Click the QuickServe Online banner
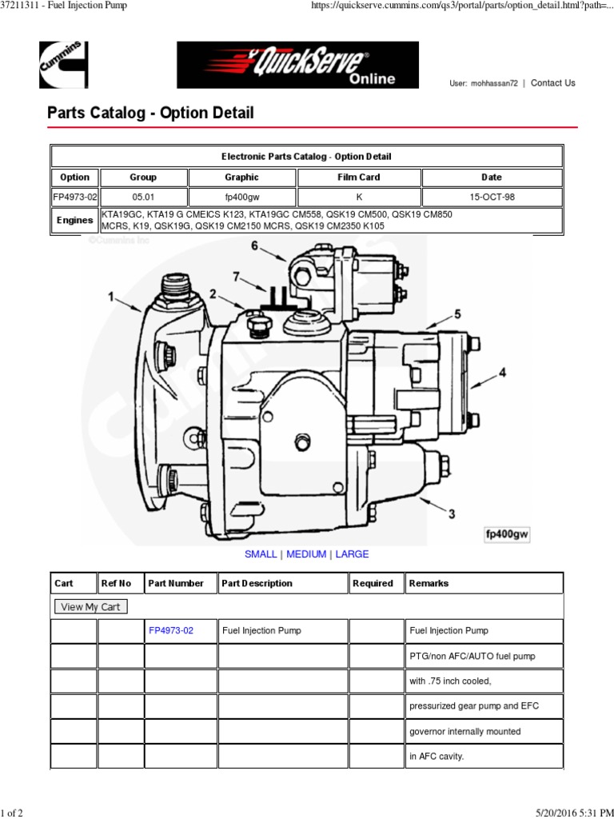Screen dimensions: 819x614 [297, 65]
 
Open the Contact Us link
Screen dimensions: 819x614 [552, 82]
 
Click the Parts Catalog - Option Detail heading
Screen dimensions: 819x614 [150, 113]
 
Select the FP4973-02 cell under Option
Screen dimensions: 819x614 [75, 198]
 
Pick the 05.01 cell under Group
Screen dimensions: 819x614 [143, 198]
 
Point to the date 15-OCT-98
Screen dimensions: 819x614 [492, 198]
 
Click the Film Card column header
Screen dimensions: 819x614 [359, 178]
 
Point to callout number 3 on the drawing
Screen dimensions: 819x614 [452, 513]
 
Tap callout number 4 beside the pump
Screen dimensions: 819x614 [503, 372]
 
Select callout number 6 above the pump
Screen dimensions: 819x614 [255, 246]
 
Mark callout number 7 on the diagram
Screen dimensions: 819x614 [236, 277]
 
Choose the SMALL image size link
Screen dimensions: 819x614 [261, 554]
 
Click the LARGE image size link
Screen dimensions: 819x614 [352, 554]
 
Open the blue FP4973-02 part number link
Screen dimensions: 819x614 [171, 630]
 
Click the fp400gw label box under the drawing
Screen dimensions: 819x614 [508, 534]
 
